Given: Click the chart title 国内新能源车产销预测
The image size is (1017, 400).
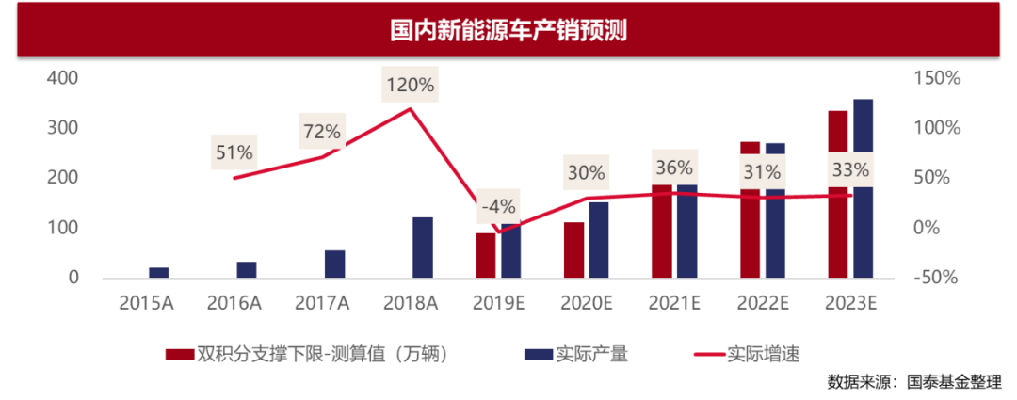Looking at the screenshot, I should click(508, 30).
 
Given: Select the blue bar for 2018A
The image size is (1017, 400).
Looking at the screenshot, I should click(423, 247).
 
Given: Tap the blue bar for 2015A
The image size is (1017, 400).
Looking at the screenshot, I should click(158, 272).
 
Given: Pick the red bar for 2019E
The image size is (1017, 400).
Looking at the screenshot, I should click(485, 255).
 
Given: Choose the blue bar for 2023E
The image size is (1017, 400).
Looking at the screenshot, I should click(863, 226).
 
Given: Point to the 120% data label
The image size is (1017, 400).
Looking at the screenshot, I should click(411, 85).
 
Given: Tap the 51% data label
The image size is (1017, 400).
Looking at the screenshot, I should click(234, 152).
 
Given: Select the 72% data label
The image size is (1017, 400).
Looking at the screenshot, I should click(322, 132).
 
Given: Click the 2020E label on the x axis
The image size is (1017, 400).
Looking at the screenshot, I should click(586, 302).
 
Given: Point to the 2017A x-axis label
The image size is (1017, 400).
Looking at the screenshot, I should click(322, 302).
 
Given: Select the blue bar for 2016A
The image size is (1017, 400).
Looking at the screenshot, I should click(247, 269).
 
